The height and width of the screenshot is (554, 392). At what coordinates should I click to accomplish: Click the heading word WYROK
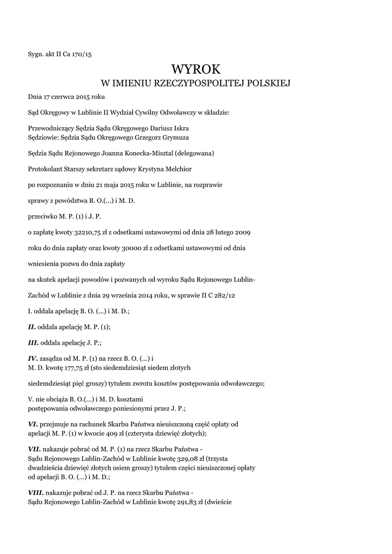[196, 69]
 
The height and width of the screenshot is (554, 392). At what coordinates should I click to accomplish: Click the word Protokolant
[47, 169]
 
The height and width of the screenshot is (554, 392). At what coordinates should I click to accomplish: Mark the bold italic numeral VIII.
[36, 493]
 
